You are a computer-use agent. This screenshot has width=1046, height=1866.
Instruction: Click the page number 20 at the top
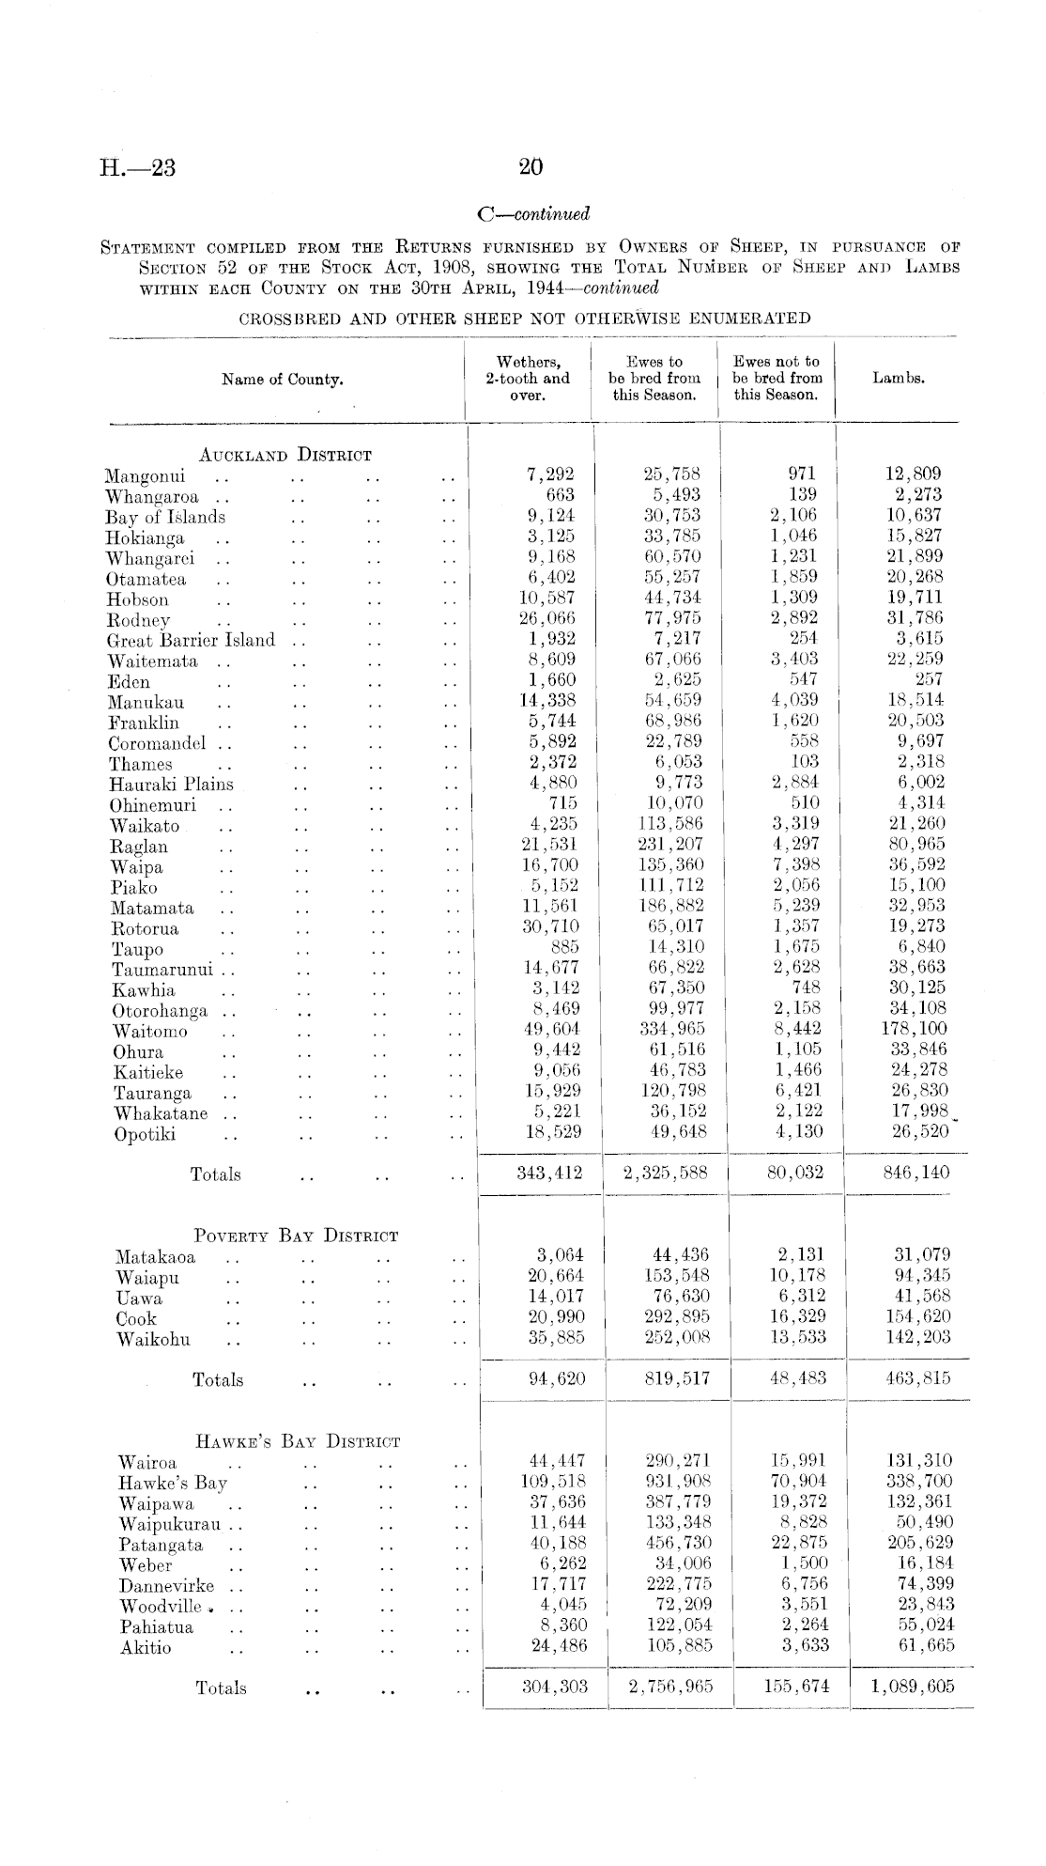click(x=531, y=167)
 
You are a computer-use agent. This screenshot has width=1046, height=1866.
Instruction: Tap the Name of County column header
click(x=282, y=380)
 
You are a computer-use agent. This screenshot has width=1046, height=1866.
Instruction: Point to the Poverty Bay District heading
click(x=296, y=1236)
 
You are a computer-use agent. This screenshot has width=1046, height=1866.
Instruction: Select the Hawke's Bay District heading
click(x=299, y=1441)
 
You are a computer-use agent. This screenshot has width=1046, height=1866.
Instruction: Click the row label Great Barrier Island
click(x=192, y=641)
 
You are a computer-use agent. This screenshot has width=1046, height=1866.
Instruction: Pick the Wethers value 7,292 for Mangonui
click(x=552, y=474)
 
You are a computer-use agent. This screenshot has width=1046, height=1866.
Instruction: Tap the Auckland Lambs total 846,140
click(x=915, y=1173)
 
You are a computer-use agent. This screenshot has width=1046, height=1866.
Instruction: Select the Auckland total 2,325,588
click(x=665, y=1173)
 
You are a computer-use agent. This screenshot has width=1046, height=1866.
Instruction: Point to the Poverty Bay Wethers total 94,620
click(x=557, y=1379)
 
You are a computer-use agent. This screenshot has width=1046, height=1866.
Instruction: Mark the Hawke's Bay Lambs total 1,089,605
click(x=912, y=1687)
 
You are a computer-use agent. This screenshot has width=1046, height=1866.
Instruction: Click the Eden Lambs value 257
click(x=929, y=680)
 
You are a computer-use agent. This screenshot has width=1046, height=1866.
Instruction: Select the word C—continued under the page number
click(x=533, y=214)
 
